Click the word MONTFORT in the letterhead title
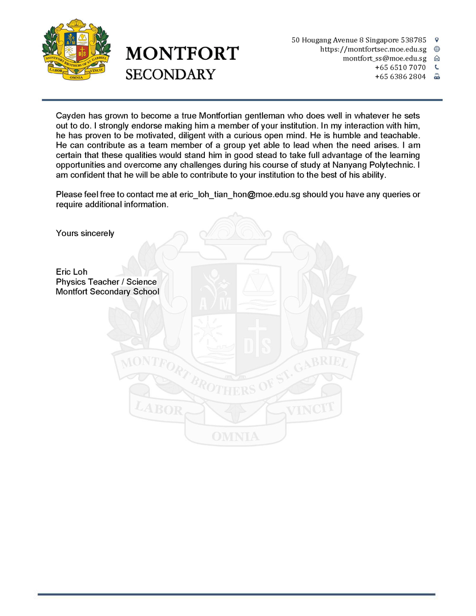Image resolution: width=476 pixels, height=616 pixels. pos(182,54)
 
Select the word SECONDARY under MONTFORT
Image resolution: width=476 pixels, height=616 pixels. pos(170,75)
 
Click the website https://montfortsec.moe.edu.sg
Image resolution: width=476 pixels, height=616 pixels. pos(373,49)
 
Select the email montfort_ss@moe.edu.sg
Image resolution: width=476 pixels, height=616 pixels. pos(384,58)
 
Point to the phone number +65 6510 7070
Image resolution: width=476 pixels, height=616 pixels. pos(400,67)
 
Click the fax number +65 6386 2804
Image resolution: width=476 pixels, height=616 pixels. pos(400,76)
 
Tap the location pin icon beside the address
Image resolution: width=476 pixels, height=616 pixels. pos(437,40)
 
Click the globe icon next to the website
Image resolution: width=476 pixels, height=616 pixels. pos(437,49)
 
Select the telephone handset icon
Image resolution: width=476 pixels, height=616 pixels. pos(437,67)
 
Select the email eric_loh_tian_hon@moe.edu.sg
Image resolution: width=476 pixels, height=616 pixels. pos(240,194)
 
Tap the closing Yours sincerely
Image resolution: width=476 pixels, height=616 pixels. pos(85,233)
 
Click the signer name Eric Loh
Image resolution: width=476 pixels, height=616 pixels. pos(71,271)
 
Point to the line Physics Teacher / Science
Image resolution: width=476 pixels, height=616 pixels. pos(106,282)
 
